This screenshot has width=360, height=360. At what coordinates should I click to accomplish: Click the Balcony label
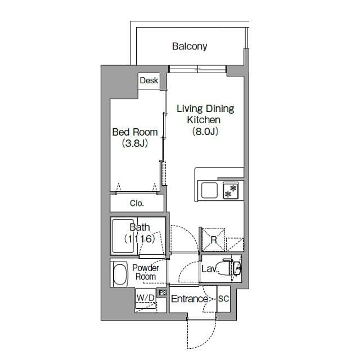click(x=190, y=46)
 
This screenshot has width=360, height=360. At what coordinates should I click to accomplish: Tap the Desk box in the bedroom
click(x=149, y=81)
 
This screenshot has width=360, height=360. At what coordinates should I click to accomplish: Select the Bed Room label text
click(x=135, y=132)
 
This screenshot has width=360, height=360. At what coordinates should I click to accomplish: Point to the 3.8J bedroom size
click(x=135, y=143)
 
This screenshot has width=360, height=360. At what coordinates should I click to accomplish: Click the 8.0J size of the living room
click(x=205, y=131)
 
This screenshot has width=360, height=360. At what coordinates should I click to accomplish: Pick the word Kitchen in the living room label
click(x=204, y=120)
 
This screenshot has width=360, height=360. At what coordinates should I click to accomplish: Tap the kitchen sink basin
click(x=209, y=190)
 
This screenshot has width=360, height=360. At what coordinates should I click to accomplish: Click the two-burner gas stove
click(x=231, y=190)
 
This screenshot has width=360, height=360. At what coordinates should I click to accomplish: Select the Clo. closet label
click(x=137, y=203)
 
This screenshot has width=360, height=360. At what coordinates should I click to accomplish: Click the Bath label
click(x=139, y=227)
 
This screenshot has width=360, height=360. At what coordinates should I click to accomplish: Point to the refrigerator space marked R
click(x=214, y=240)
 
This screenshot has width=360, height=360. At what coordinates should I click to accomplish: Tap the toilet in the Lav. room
click(x=231, y=267)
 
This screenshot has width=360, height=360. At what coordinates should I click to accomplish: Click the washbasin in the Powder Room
click(x=120, y=274)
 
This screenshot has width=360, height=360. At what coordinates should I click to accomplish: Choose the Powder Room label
click(x=146, y=272)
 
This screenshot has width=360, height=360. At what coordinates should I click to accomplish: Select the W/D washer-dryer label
click(x=146, y=298)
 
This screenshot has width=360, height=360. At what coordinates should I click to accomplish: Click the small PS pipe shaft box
click(x=163, y=292)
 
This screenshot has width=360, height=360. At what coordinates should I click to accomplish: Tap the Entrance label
click(x=190, y=299)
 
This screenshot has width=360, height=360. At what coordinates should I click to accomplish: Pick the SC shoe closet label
click(x=223, y=299)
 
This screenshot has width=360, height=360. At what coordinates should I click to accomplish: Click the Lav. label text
click(x=209, y=269)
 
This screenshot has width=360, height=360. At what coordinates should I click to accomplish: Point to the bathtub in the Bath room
click(x=124, y=236)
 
